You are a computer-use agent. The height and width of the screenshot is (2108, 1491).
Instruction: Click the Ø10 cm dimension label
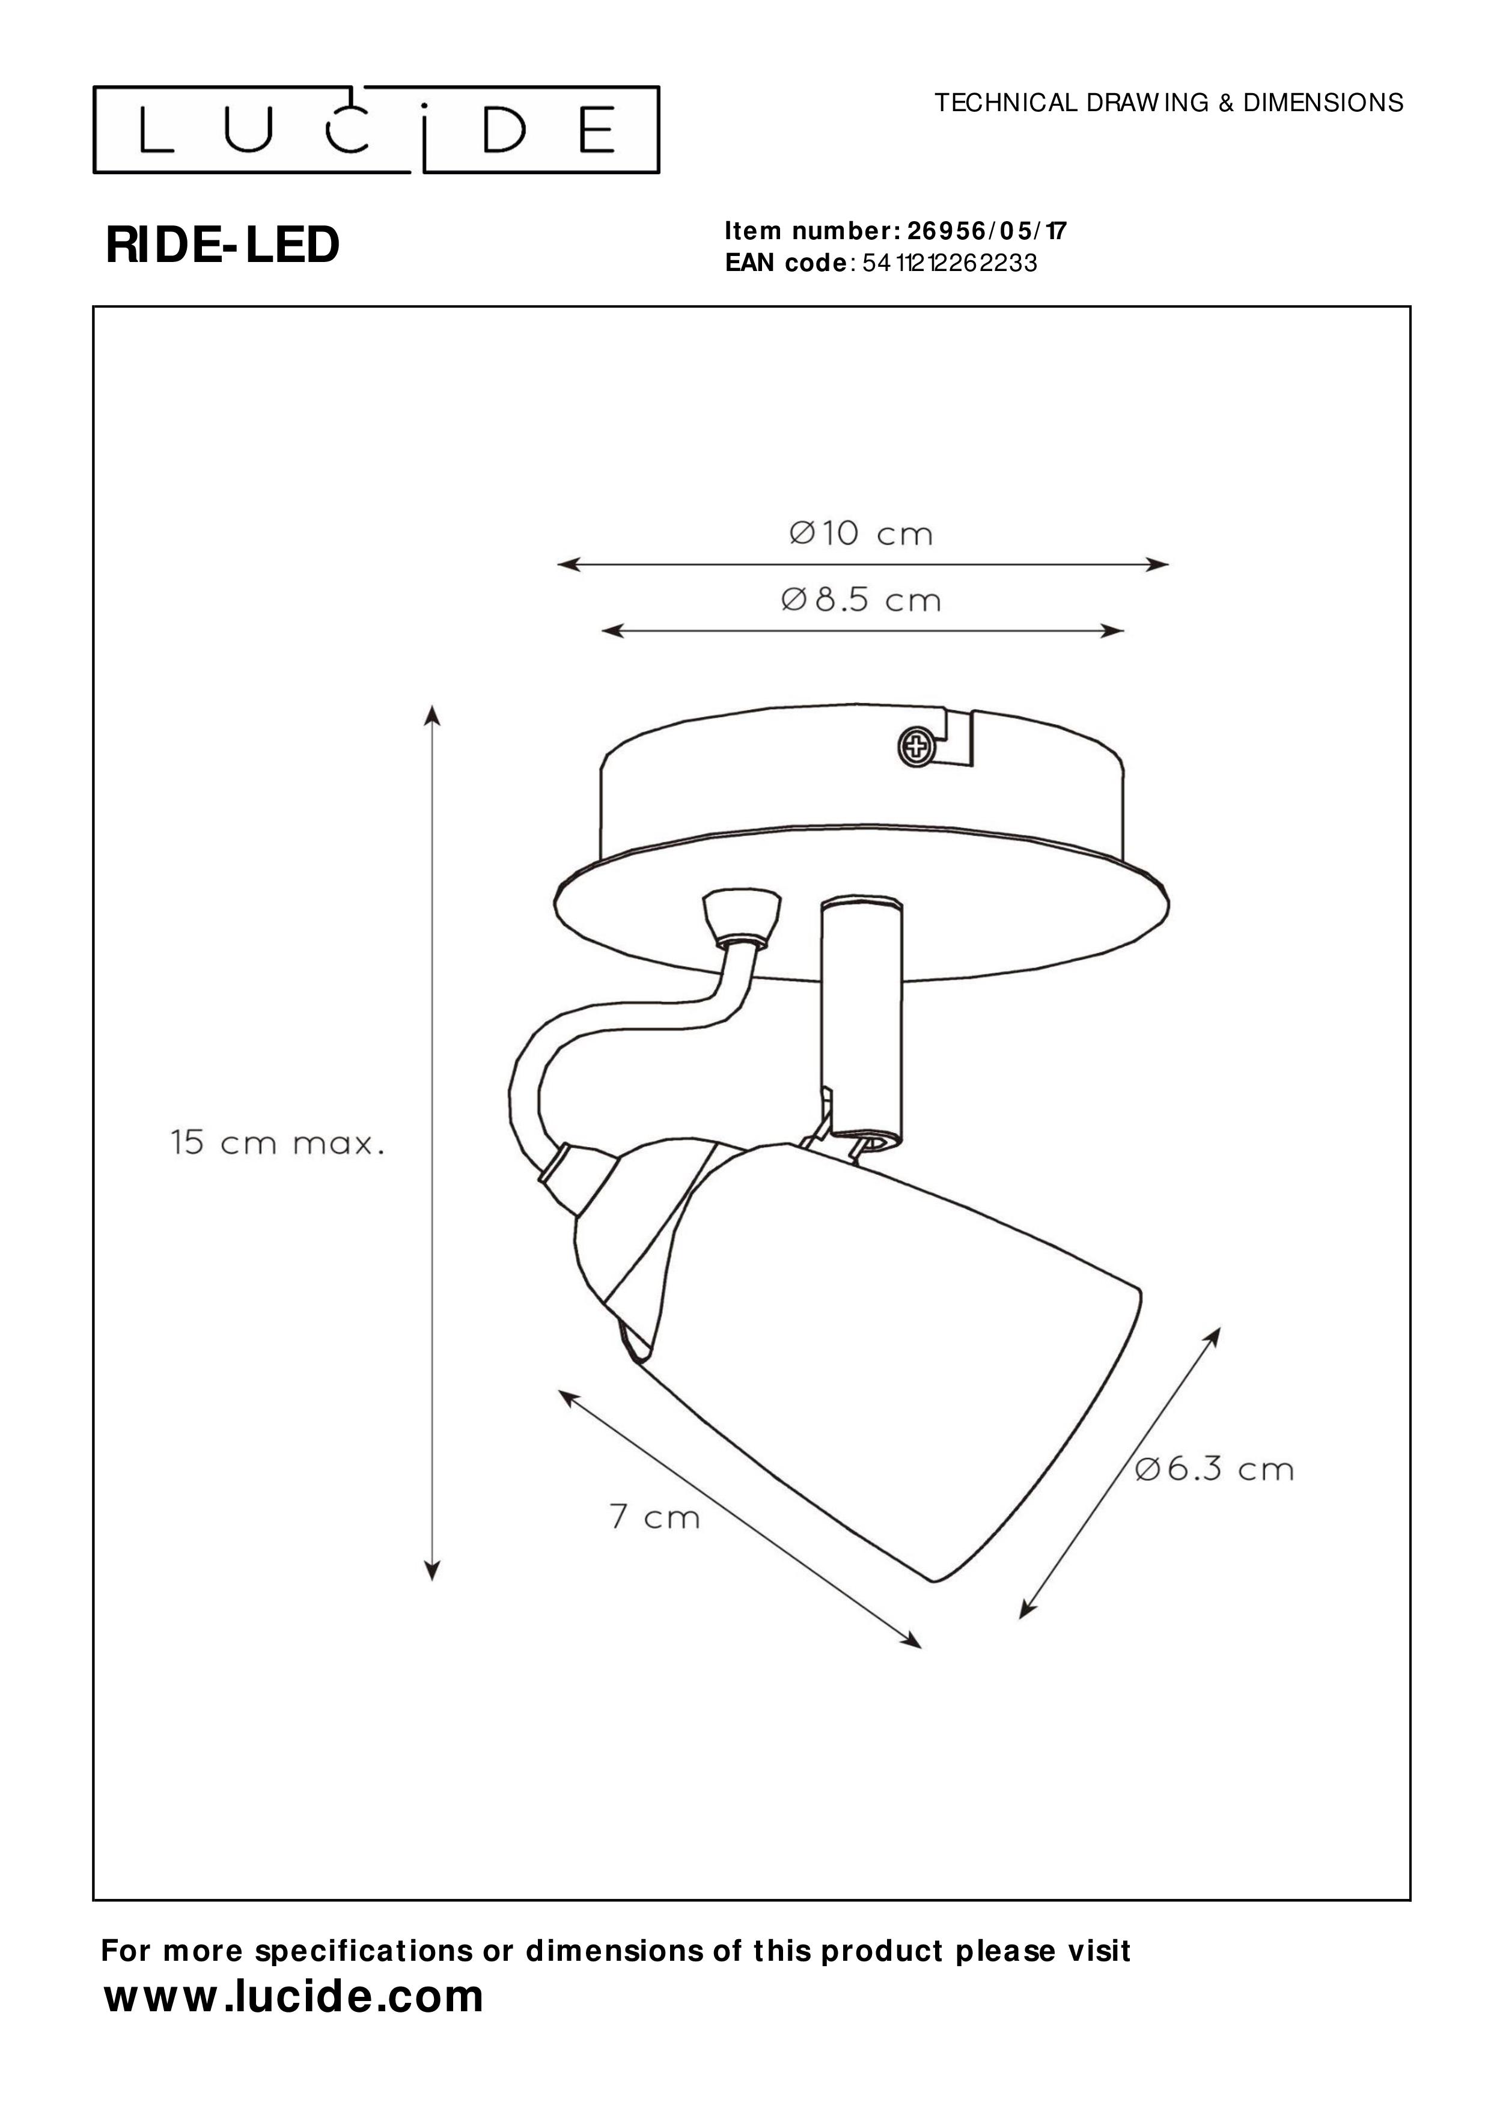(861, 534)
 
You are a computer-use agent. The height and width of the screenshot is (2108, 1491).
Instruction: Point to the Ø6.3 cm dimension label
(1215, 1469)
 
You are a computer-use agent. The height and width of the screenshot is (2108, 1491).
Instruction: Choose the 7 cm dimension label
(654, 1517)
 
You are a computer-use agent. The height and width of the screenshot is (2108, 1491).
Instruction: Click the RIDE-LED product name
(223, 246)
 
